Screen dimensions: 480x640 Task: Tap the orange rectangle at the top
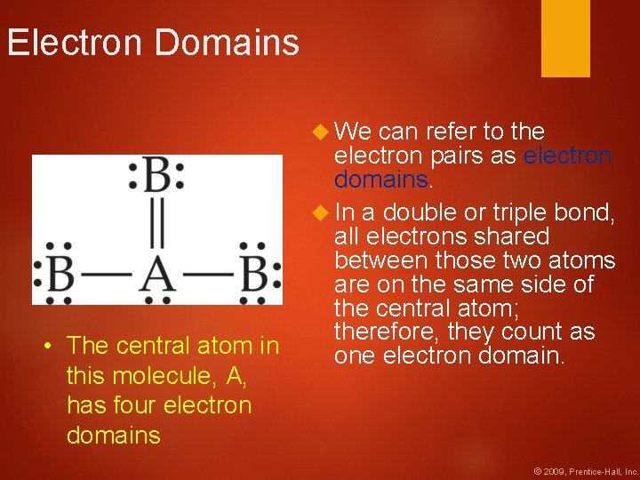(x=565, y=37)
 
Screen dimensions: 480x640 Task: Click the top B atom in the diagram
(x=157, y=175)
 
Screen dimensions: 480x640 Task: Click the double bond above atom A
(x=157, y=224)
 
